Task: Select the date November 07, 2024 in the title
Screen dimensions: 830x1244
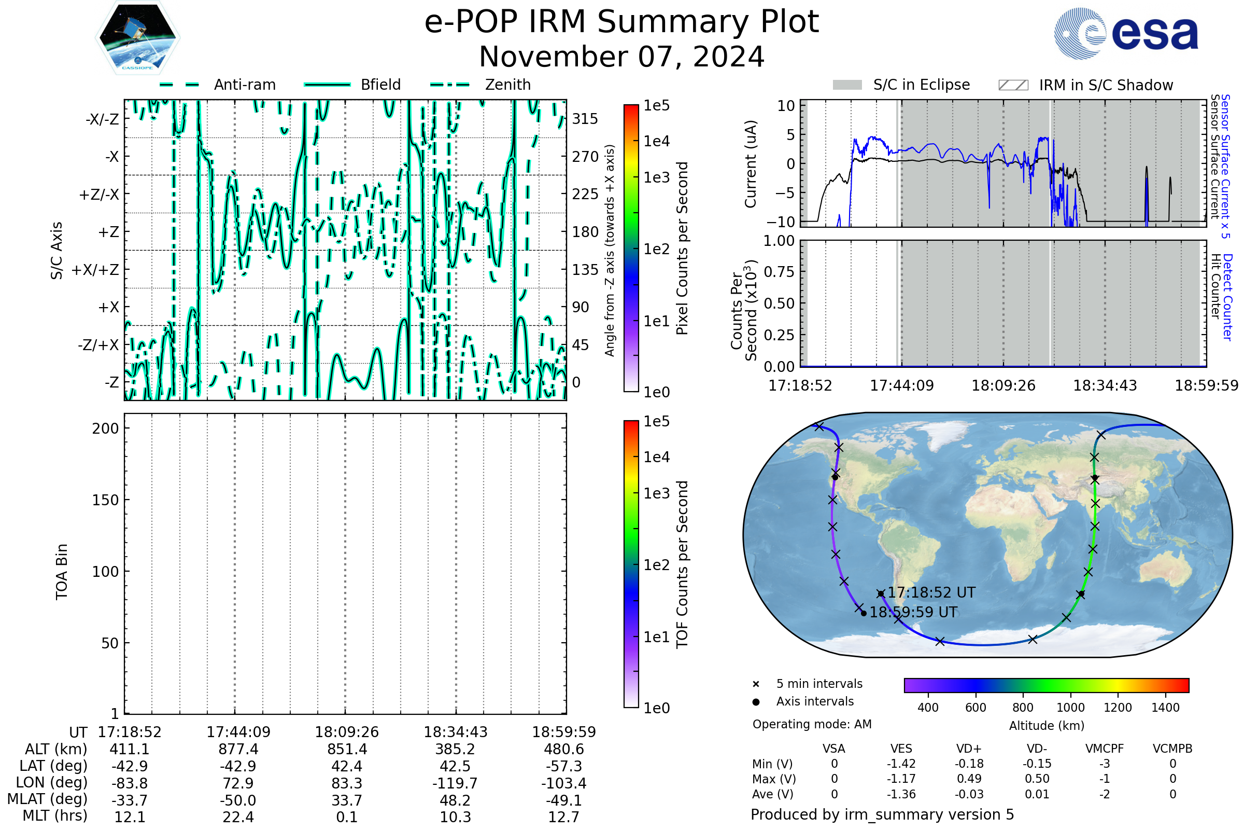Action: (621, 57)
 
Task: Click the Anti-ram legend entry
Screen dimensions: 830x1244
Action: (244, 85)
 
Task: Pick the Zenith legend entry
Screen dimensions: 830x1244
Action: (508, 85)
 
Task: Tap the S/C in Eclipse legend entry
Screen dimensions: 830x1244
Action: (921, 85)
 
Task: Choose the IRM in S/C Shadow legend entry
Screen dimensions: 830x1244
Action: (1106, 85)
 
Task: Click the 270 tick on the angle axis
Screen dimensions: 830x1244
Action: (585, 157)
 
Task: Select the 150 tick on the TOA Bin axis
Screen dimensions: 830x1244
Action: (105, 500)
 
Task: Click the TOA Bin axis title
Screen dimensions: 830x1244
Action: (62, 572)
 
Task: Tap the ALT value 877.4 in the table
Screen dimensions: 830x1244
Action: (238, 750)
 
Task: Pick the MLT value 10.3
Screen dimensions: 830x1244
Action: (455, 817)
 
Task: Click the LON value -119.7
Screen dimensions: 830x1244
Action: (455, 783)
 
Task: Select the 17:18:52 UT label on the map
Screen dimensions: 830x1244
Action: (931, 592)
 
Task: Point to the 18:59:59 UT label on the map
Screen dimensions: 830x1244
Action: (913, 613)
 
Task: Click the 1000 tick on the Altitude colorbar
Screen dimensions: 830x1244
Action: (1070, 708)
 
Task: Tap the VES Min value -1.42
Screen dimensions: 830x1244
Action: (901, 764)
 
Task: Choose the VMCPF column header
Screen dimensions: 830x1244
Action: (1105, 749)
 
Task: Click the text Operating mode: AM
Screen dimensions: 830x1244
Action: (812, 724)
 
